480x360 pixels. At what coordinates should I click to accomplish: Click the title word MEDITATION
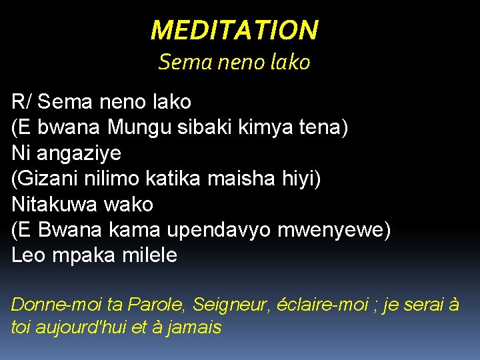click(234, 30)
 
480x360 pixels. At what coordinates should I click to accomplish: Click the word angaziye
click(79, 153)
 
